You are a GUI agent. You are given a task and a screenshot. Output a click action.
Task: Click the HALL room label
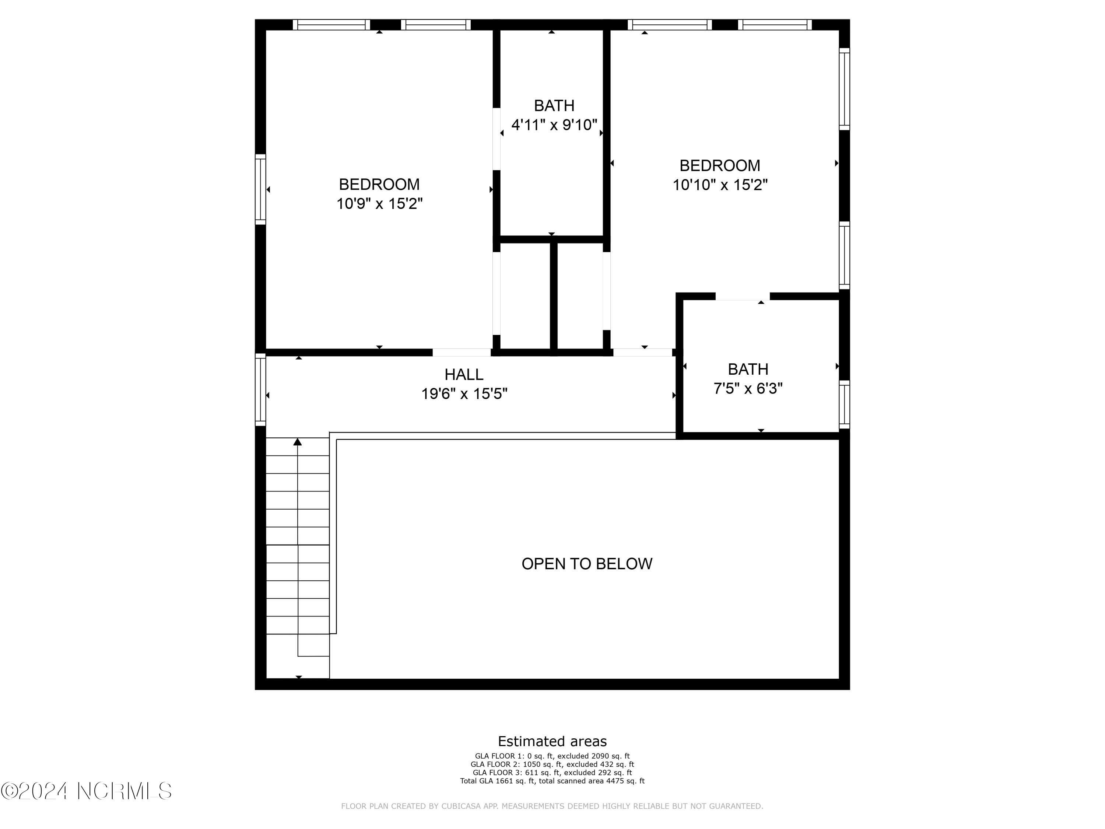464,374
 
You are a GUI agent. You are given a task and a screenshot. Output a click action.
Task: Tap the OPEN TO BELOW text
587,564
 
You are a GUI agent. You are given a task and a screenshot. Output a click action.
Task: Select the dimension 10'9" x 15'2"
380,204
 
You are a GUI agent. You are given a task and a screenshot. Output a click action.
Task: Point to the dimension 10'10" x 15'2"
720,185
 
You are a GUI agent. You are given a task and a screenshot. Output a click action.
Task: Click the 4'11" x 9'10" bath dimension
554,125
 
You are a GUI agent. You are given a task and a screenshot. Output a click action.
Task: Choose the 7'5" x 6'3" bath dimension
748,388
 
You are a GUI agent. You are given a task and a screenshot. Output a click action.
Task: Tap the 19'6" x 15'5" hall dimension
464,394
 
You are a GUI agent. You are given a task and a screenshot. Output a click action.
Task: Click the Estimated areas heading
552,741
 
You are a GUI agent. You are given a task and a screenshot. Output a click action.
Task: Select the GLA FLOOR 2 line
552,764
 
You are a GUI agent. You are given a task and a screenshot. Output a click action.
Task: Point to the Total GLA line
552,780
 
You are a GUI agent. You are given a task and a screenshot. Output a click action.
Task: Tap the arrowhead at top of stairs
298,442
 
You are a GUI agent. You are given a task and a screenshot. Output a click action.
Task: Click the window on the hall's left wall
260,390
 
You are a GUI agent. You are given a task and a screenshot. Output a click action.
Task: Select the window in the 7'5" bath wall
844,404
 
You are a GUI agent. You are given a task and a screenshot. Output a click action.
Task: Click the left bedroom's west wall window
260,189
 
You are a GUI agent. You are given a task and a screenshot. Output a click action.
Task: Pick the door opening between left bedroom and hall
462,352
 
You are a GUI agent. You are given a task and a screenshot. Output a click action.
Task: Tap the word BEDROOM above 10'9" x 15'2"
379,184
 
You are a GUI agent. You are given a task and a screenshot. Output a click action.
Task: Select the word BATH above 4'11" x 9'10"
554,105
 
